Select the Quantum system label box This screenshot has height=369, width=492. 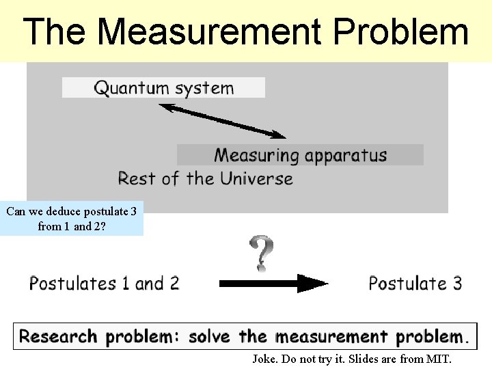coord(163,87)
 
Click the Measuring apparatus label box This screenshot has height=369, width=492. coord(300,155)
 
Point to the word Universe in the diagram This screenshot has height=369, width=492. coord(256,179)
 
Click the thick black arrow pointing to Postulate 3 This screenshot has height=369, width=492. coord(273,284)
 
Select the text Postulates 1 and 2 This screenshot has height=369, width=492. coord(104,283)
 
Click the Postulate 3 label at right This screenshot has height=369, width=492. coord(415,283)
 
